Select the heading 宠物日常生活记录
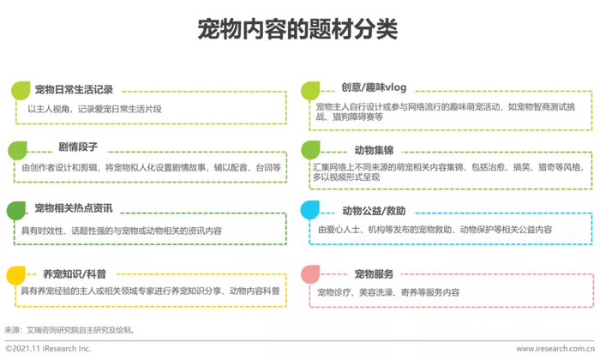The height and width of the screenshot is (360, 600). click(75, 89)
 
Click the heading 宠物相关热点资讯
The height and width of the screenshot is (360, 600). click(74, 208)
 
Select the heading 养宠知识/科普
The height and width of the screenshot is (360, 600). click(75, 273)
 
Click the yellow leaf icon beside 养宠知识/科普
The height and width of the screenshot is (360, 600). click(17, 274)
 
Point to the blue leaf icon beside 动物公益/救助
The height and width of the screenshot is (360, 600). click(311, 210)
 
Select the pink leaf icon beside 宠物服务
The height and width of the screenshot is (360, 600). click(311, 274)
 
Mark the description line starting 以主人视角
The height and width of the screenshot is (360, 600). click(94, 109)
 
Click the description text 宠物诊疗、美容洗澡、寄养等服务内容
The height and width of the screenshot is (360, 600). click(388, 292)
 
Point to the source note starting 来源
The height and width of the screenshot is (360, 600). click(69, 328)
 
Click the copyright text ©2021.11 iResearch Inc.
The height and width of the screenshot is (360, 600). click(48, 348)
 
